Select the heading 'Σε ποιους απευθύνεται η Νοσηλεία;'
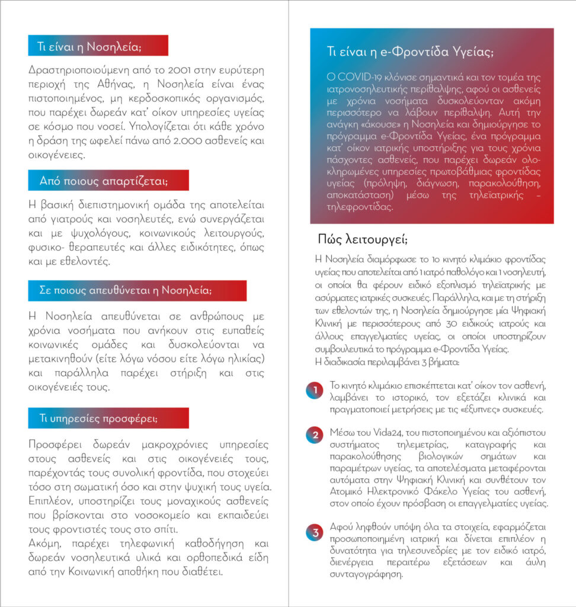pos(126,291)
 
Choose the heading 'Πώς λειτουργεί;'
pos(363,239)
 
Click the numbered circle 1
pos(315,391)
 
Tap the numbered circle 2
pos(315,435)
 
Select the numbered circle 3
pos(315,532)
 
